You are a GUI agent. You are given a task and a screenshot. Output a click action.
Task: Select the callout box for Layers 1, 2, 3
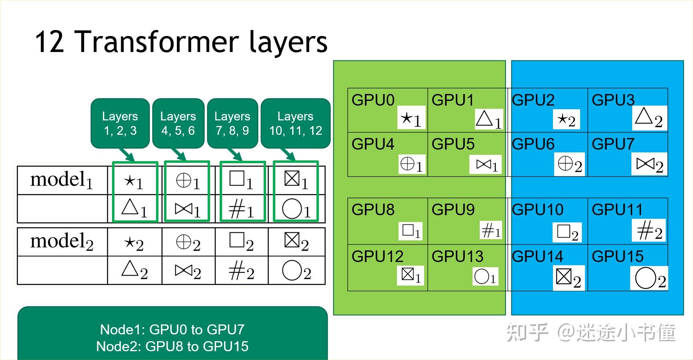click(120, 123)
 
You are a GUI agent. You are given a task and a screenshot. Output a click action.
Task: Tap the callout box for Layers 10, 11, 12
click(296, 123)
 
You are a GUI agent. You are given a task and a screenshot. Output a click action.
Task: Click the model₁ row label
click(62, 180)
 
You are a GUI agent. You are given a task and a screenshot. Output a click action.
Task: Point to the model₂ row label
click(62, 242)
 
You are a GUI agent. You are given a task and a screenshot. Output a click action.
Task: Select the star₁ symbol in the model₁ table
click(134, 182)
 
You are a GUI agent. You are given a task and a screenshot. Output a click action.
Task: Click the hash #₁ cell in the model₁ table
click(241, 209)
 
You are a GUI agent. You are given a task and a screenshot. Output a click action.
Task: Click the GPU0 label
click(373, 100)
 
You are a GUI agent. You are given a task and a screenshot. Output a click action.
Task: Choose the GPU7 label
click(613, 144)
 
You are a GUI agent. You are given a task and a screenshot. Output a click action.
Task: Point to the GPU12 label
click(377, 256)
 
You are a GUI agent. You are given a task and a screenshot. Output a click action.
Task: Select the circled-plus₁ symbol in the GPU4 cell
click(411, 164)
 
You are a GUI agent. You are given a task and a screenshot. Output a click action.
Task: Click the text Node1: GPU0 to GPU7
click(172, 330)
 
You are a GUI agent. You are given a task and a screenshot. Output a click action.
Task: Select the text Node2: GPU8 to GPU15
click(172, 346)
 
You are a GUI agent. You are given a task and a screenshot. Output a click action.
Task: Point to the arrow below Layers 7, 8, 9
click(234, 155)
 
